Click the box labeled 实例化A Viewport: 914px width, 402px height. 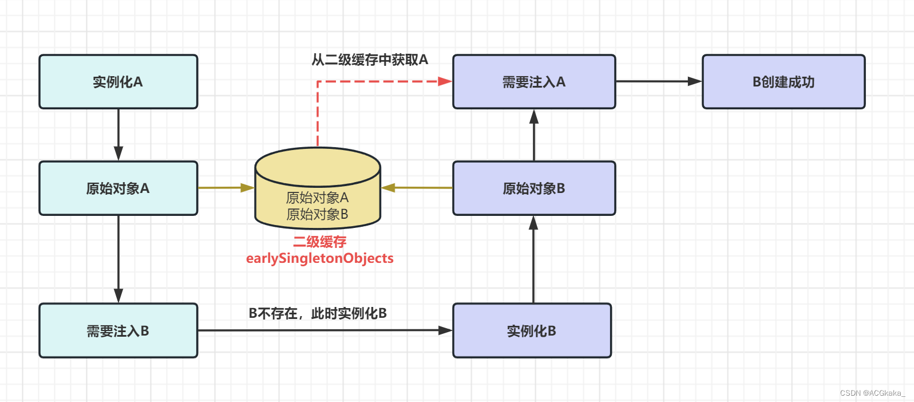118,82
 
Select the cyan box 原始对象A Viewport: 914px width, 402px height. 118,188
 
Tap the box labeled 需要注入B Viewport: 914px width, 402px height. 118,330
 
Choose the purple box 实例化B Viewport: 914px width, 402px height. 532,330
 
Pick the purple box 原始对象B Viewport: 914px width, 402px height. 534,188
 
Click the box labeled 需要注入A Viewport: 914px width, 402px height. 534,82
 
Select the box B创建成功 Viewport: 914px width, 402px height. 784,82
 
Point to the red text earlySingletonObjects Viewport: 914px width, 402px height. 320,258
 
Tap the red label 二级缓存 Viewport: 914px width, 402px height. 320,242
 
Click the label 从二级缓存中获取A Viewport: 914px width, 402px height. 370,60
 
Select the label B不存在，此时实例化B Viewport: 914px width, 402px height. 318,313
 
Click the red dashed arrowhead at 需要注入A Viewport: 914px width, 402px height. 445,81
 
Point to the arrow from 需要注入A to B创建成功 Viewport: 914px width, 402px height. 658,81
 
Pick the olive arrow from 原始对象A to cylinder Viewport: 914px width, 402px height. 226,187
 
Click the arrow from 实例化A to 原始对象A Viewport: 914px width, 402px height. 118,135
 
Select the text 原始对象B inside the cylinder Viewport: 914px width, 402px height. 317,214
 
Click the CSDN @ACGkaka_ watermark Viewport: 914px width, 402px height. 872,393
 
